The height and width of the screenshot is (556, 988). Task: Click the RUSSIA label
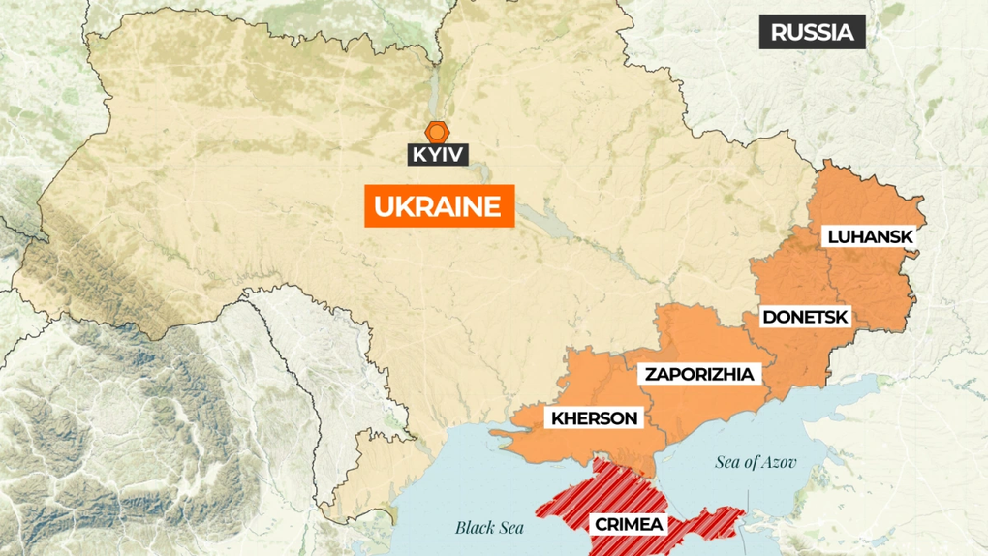coord(812,32)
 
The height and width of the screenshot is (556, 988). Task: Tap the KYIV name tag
coord(438,154)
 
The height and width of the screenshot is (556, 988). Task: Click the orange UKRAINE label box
coord(439,206)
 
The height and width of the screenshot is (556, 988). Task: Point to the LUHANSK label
coord(870,236)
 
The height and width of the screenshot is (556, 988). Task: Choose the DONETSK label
coord(806,317)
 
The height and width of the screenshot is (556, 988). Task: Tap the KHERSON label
coord(595,418)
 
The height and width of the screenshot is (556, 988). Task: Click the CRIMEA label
coord(630,524)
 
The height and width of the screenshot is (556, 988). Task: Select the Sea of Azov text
coord(756,462)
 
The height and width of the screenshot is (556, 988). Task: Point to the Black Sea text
coord(489,528)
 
